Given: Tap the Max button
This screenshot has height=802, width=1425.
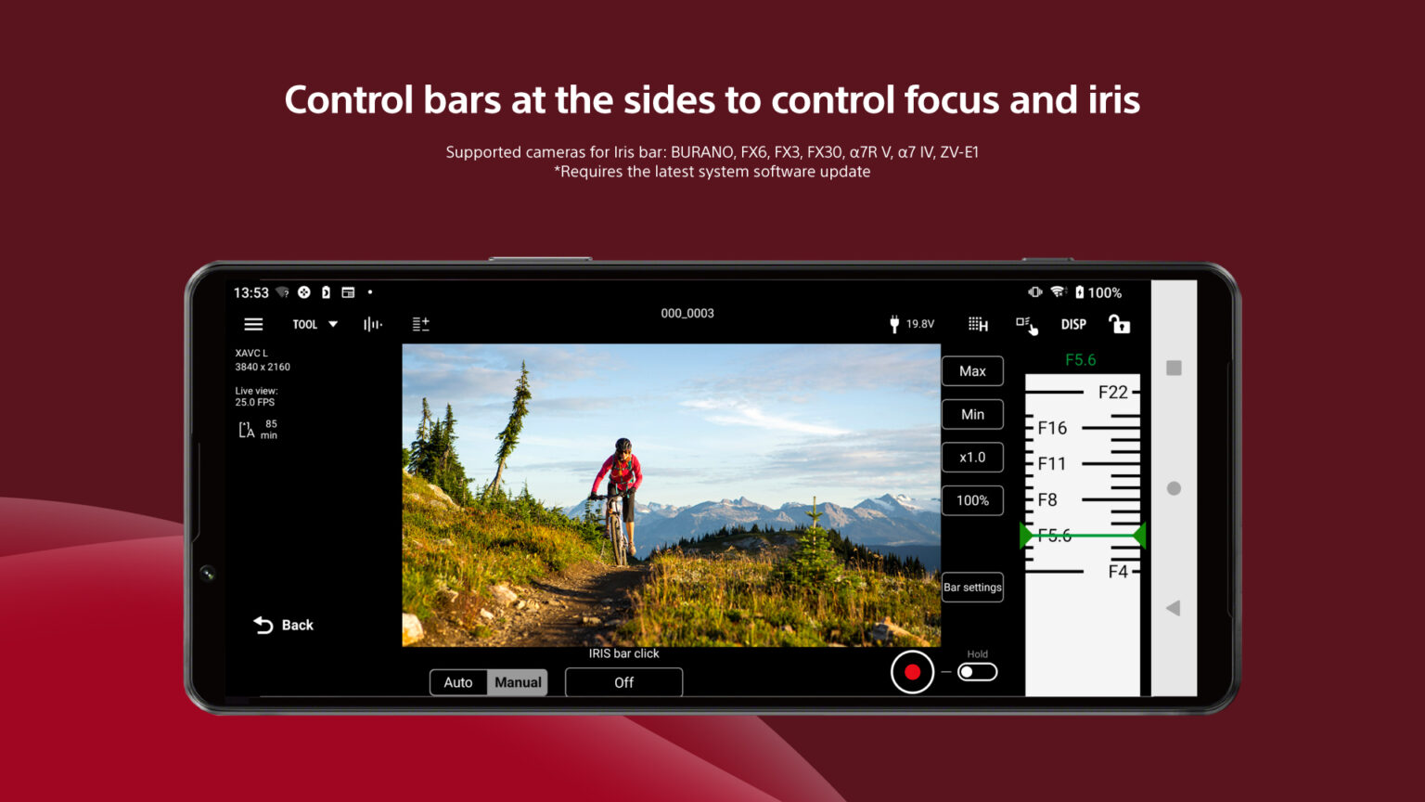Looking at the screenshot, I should [972, 371].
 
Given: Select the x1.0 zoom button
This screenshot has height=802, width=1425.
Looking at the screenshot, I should [972, 458].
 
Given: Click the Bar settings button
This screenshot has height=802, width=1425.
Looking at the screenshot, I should [972, 588].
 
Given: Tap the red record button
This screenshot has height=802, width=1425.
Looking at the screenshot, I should [912, 672].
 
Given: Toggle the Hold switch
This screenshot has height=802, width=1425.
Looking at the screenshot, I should [977, 672].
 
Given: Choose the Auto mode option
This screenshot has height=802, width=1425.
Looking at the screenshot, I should [458, 682].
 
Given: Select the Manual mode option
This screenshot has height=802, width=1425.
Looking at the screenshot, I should [518, 682].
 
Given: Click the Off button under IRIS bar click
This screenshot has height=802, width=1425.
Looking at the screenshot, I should [623, 682].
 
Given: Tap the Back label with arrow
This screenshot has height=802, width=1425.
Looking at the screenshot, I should [284, 625].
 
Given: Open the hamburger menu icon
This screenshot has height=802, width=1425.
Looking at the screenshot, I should [253, 324].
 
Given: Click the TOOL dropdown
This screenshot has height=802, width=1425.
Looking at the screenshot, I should [315, 324].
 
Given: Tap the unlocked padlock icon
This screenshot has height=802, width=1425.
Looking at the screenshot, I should [1120, 324].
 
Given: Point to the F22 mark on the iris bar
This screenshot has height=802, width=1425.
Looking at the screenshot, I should [1112, 393].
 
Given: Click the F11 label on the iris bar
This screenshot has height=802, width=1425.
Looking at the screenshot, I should [1052, 463].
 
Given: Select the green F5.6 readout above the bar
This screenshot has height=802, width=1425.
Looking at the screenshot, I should [1080, 360].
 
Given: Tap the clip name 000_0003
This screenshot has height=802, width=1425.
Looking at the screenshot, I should [687, 314].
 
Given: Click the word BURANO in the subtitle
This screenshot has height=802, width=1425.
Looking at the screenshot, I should [702, 152].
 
